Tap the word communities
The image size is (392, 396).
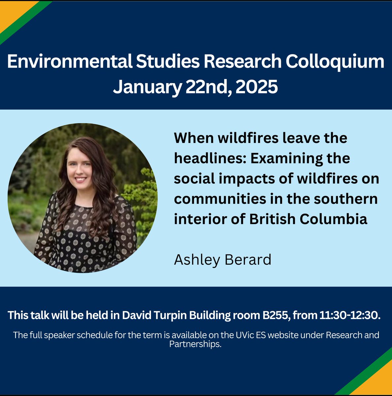click(216, 199)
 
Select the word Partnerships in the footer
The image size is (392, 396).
click(195, 344)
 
